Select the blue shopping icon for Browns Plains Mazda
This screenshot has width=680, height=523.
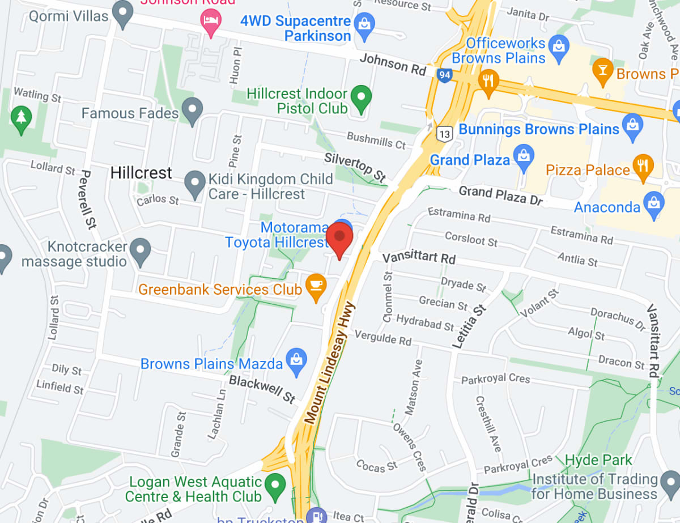(296, 361)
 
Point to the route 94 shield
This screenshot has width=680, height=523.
(445, 74)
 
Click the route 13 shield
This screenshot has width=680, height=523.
(445, 134)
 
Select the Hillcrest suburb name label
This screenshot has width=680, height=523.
(141, 173)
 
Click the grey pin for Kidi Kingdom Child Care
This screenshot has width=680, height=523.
(195, 184)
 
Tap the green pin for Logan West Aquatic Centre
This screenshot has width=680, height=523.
(276, 486)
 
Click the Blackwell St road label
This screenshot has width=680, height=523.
(262, 389)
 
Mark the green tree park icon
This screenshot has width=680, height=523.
(21, 118)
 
